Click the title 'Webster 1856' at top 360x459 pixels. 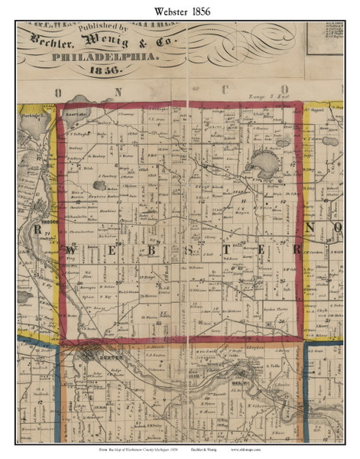180,8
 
